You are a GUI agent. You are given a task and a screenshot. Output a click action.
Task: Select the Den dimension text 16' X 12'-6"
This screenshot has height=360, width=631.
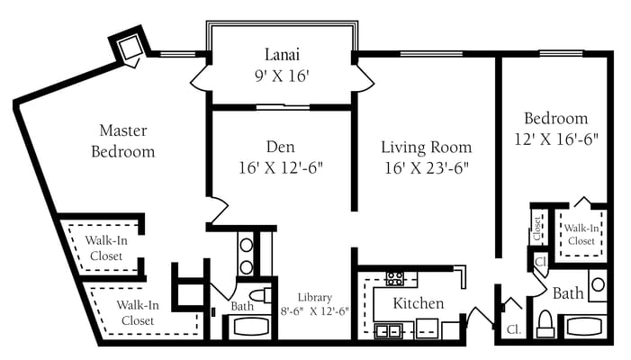(x=280, y=166)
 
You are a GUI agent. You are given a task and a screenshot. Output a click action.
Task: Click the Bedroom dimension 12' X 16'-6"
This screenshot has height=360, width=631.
(x=555, y=139)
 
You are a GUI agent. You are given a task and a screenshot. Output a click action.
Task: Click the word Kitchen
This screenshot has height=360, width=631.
(x=419, y=303)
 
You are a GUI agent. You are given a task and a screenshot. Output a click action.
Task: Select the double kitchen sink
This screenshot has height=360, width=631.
(x=388, y=330)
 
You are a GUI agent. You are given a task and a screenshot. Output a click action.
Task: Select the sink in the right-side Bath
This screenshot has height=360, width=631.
(x=599, y=285)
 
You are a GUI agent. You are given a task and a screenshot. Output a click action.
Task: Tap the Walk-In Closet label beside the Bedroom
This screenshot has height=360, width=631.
(x=581, y=234)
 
